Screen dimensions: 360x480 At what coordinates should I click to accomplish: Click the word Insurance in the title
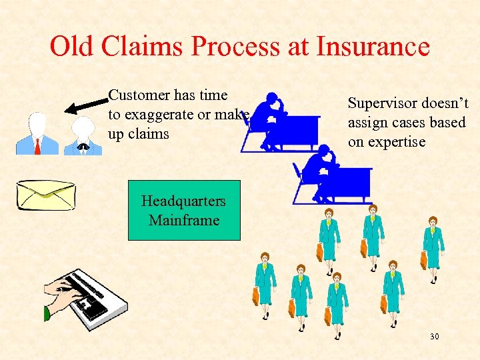(x=373, y=47)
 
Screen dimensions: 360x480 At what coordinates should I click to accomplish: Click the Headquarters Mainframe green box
(x=183, y=211)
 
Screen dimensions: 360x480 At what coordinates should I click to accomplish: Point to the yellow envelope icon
(x=45, y=195)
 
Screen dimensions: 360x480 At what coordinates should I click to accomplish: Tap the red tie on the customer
(x=37, y=145)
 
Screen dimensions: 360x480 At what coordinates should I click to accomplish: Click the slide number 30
(x=434, y=337)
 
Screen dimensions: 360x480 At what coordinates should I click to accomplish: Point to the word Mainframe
(x=184, y=220)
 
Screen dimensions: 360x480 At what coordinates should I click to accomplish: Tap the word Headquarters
(x=183, y=201)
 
